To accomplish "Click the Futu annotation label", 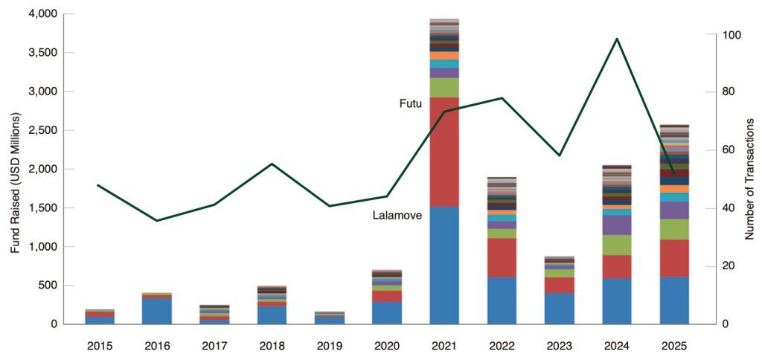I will click(411, 104).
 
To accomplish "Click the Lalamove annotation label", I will click(397, 216).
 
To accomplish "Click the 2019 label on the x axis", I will click(330, 346).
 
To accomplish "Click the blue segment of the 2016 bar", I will click(157, 311).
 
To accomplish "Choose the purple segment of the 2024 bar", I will click(617, 225).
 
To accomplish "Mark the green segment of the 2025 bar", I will click(674, 229).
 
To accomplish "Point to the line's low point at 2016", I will click(157, 220).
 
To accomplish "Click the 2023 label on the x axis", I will click(560, 346).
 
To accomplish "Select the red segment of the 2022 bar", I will click(502, 257).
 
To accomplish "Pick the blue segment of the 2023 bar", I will click(560, 308).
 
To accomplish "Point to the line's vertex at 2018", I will click(272, 164).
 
